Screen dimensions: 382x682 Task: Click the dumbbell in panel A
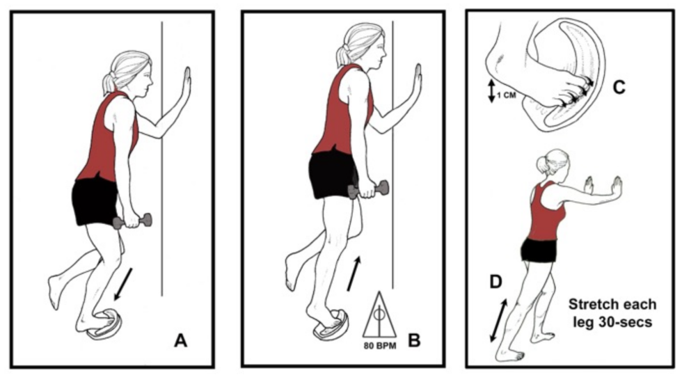click(132, 221)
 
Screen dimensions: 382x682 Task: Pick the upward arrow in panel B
click(354, 273)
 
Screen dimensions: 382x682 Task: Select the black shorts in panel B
click(333, 173)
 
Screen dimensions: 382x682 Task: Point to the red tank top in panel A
click(108, 139)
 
